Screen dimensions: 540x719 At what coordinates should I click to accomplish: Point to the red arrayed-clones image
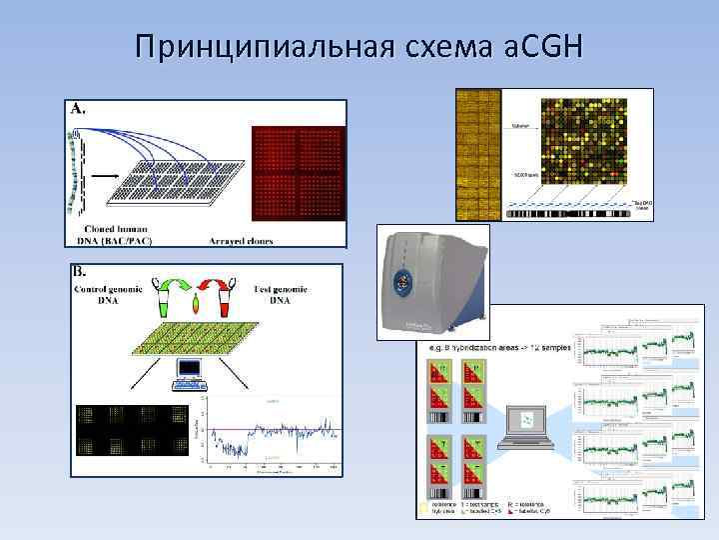298,172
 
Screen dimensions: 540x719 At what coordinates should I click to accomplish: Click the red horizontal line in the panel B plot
270,431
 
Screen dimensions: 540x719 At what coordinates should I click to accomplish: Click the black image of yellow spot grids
131,430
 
